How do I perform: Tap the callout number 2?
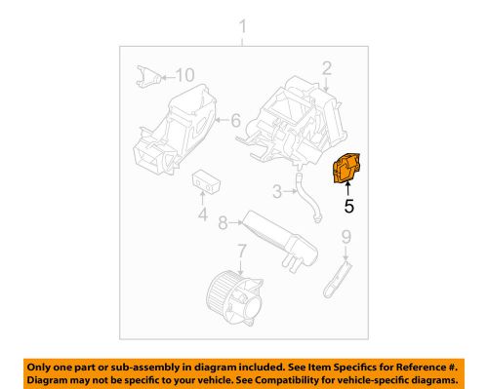(327, 67)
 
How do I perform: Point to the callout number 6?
(235, 121)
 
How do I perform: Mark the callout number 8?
(224, 223)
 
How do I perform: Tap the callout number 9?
(345, 236)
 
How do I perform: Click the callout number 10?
(184, 74)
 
